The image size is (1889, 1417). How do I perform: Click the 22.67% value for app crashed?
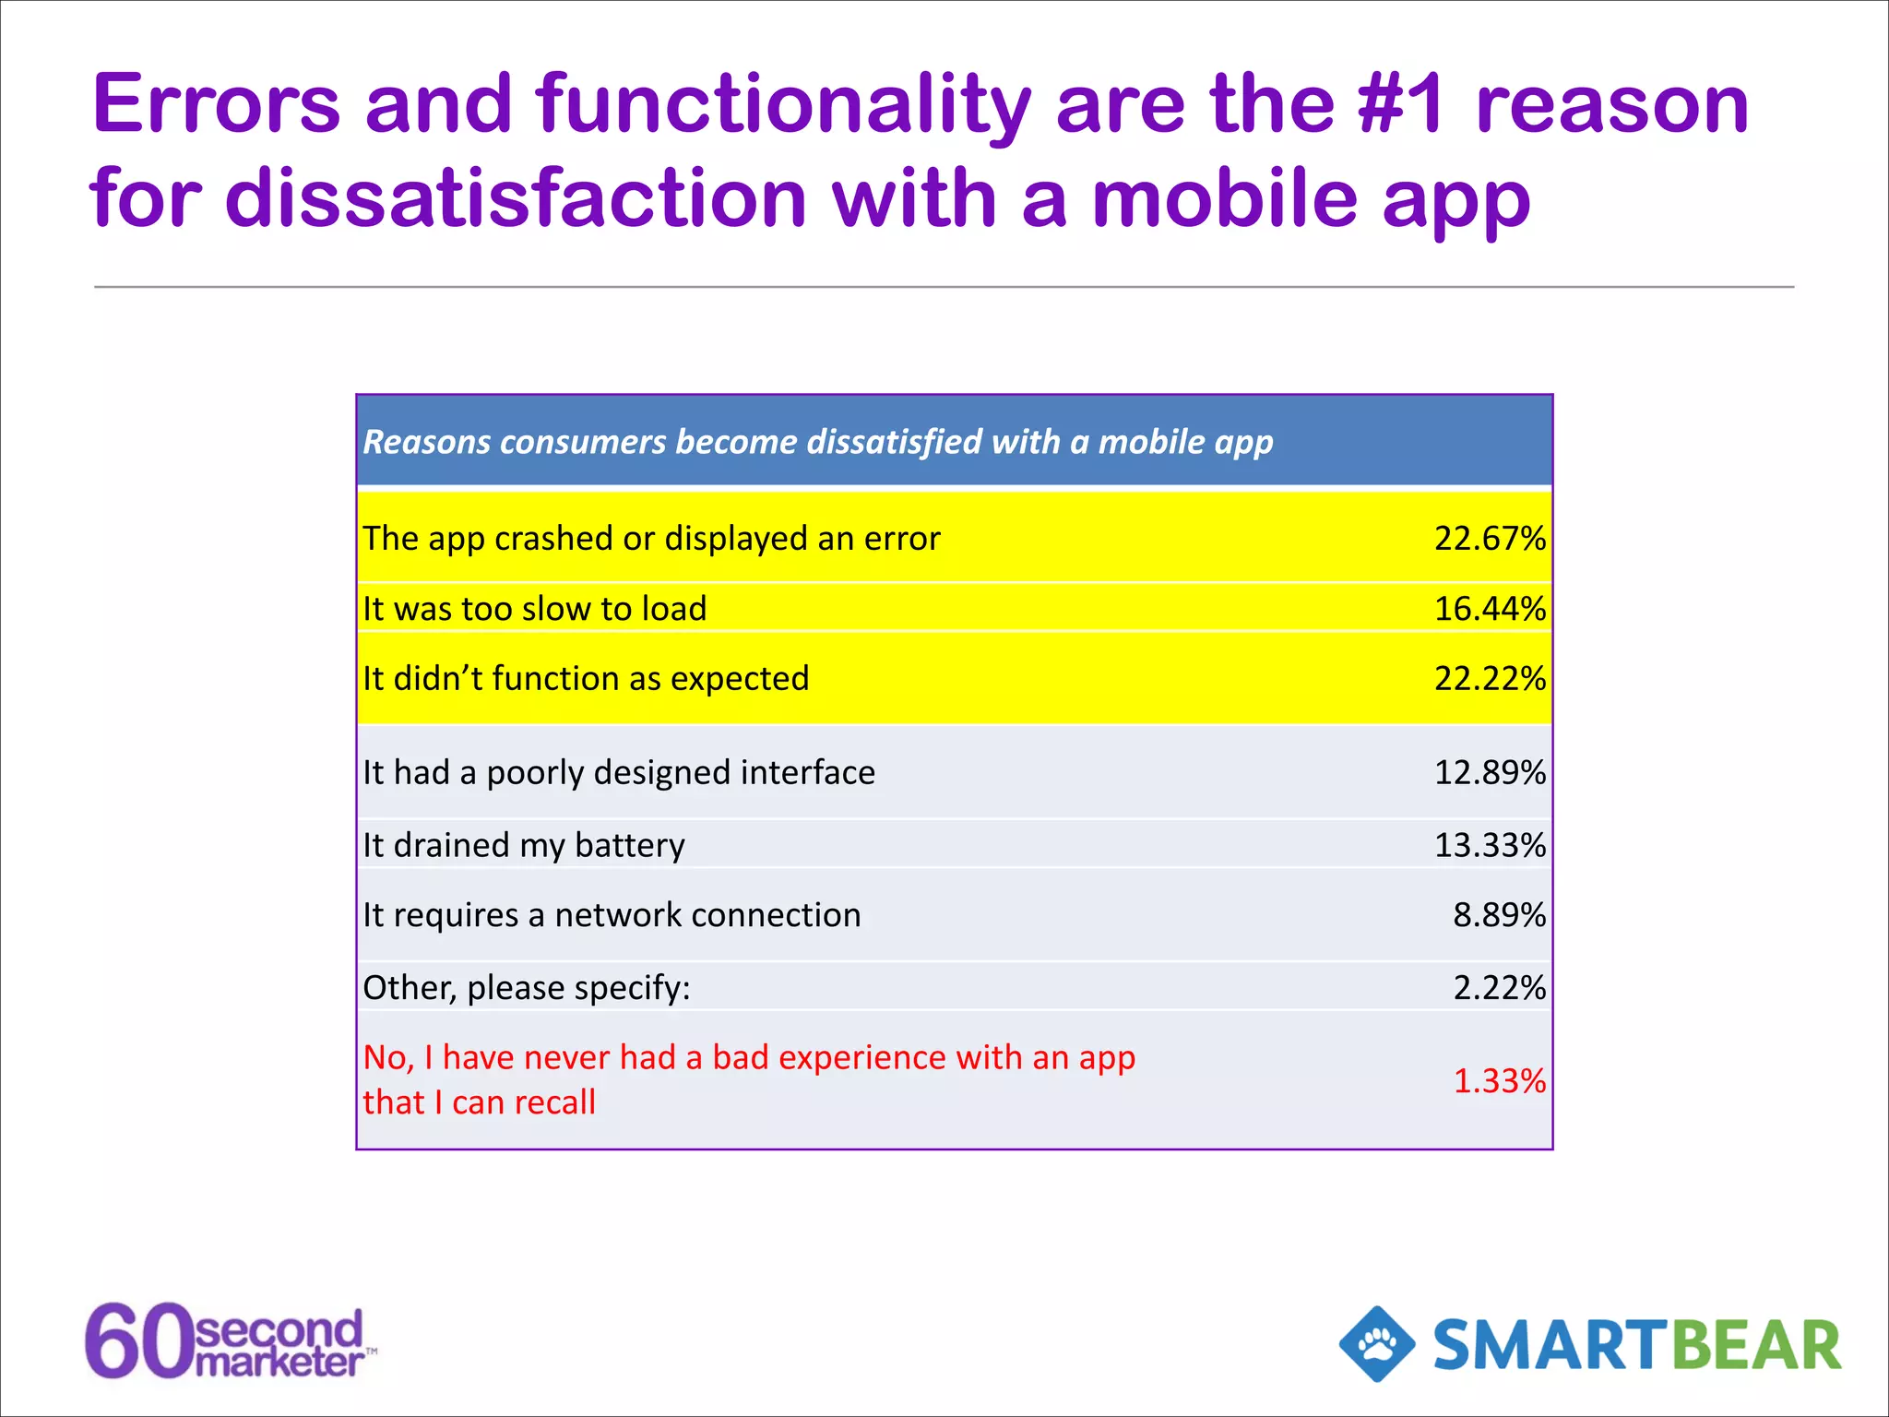coord(1489,538)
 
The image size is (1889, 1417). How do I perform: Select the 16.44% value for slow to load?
coord(1489,609)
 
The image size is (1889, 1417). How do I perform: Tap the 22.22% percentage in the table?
coord(1489,679)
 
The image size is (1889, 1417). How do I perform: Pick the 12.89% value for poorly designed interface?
coord(1489,772)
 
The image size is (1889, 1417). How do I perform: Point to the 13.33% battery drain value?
coord(1489,845)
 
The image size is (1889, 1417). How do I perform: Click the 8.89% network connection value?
coord(1499,915)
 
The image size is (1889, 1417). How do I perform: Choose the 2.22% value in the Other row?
coord(1499,988)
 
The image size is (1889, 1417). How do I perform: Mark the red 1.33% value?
coord(1499,1081)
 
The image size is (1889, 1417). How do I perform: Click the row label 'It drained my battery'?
coord(523,845)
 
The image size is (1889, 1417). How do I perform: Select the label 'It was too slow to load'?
coord(534,609)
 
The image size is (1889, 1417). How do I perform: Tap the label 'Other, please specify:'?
coord(526,988)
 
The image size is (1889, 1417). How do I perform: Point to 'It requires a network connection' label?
coord(612,915)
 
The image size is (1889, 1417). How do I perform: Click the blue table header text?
coord(817,442)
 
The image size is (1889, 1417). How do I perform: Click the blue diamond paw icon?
coord(1377,1343)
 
